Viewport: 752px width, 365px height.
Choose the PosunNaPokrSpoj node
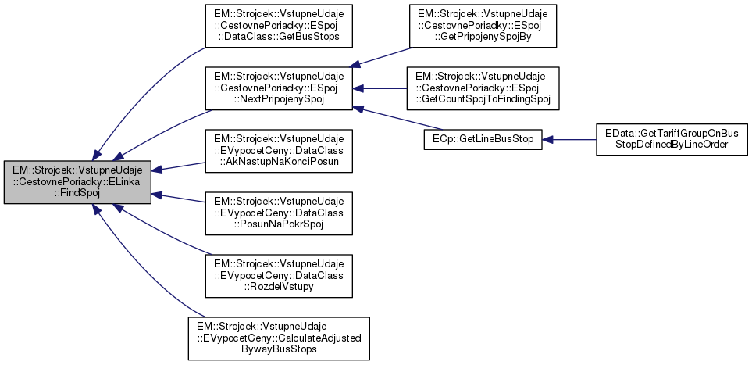(x=278, y=212)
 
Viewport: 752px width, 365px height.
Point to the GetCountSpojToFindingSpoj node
(x=481, y=88)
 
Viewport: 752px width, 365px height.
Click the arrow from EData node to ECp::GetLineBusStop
(x=569, y=140)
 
